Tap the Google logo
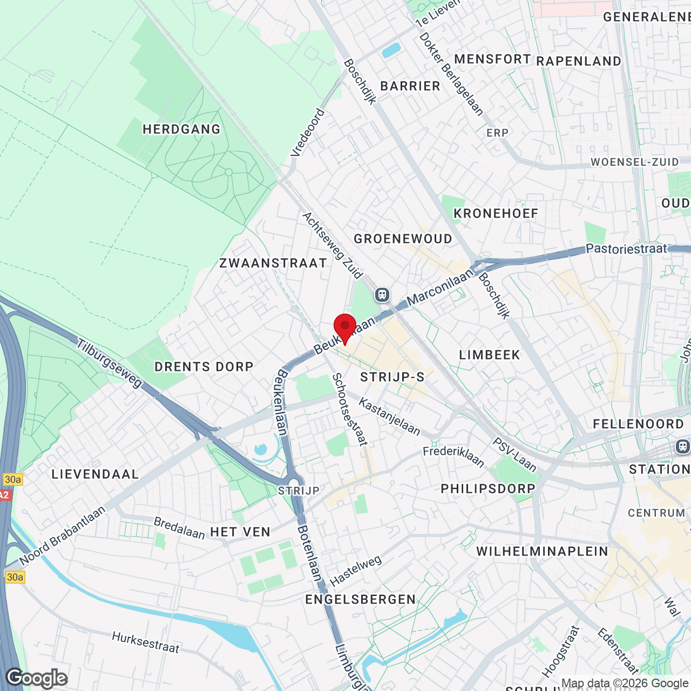point(37,678)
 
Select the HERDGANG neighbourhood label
point(182,130)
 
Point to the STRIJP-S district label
point(392,377)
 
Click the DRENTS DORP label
point(204,367)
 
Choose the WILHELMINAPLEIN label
point(542,552)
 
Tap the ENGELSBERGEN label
point(361,600)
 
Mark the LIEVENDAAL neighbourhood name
point(96,475)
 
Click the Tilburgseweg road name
point(109,363)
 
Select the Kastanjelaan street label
point(389,416)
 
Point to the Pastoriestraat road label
point(626,249)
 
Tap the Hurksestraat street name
point(145,642)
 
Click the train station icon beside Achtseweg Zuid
point(382,295)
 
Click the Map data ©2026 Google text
point(625,683)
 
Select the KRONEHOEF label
point(496,214)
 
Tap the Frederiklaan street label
point(453,456)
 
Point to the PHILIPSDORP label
point(488,489)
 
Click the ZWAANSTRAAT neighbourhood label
point(273,263)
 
